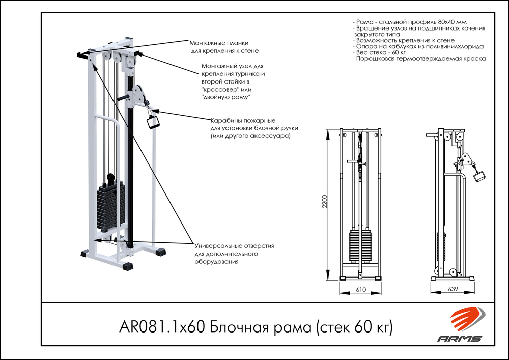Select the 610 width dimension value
tap(361, 289)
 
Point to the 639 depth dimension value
tap(453, 289)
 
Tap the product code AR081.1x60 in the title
tap(162, 326)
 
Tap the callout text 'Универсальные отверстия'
tap(234, 246)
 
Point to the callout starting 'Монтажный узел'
tap(233, 66)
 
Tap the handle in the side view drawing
tap(479, 176)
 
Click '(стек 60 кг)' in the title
tap(354, 326)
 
